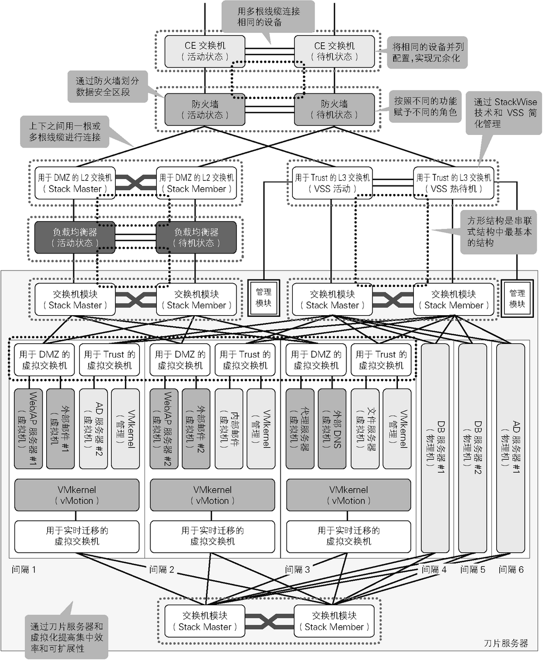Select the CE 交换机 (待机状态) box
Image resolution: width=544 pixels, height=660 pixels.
[x=334, y=51]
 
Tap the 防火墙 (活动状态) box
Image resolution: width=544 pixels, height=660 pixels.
[x=205, y=109]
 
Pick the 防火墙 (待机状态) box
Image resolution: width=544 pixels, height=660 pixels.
[x=334, y=109]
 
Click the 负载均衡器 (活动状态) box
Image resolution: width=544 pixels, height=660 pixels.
[x=75, y=238]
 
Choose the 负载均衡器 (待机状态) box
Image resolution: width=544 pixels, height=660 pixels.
[x=196, y=238]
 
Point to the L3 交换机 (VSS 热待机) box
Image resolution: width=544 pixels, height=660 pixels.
[x=454, y=183]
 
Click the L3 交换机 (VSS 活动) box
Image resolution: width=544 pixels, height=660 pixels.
[x=332, y=183]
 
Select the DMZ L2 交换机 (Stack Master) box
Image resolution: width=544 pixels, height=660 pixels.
[x=75, y=183]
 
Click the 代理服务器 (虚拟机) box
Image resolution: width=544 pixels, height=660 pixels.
[x=300, y=428]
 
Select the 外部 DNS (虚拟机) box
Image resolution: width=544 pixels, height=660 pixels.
[x=332, y=428]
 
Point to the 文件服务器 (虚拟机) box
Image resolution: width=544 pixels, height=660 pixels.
[x=364, y=428]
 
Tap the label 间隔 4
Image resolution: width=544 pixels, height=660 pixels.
[x=434, y=570]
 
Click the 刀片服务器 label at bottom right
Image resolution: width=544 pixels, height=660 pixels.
[x=506, y=643]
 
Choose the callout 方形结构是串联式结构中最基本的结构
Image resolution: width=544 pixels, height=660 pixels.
[x=499, y=231]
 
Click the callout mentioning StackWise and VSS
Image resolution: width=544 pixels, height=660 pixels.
[x=504, y=113]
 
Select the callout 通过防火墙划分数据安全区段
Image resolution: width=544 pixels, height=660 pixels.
[x=107, y=87]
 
